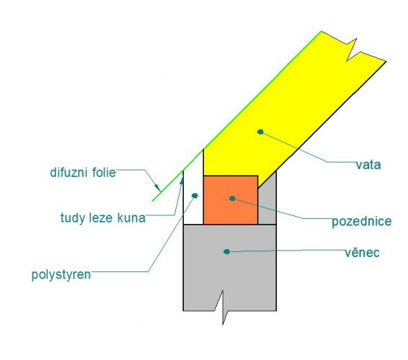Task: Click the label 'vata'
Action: click(368, 165)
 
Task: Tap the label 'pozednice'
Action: click(361, 222)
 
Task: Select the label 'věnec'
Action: click(362, 253)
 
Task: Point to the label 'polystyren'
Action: click(61, 275)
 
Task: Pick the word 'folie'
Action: click(104, 173)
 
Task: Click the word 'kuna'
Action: click(131, 218)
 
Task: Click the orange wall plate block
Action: click(231, 199)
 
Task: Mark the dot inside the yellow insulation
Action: click(260, 132)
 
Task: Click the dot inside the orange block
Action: click(232, 199)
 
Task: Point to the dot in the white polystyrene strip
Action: click(195, 195)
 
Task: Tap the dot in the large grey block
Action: click(226, 251)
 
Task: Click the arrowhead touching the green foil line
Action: click(158, 188)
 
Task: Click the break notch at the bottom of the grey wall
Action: click(223, 307)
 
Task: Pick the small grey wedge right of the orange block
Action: click(267, 197)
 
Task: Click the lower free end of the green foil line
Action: click(153, 201)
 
